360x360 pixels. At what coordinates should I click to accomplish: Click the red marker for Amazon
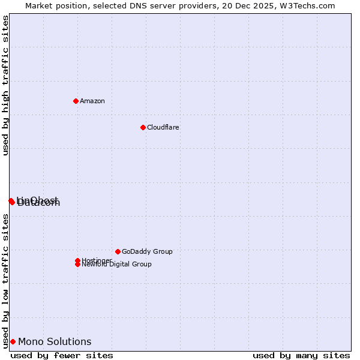[76, 101]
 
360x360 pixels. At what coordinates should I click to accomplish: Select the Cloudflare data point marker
[143, 127]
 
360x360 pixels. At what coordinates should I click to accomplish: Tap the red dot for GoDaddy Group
[118, 251]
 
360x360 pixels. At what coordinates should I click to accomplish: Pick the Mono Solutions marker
[13, 341]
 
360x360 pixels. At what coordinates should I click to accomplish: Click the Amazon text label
[92, 101]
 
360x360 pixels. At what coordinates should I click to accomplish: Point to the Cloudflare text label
[163, 127]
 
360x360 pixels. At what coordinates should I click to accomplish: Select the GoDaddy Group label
[147, 251]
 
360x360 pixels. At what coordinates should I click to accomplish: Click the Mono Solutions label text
[55, 341]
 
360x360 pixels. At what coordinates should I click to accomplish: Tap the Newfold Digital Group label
[116, 264]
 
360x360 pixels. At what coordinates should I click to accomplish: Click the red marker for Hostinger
[77, 260]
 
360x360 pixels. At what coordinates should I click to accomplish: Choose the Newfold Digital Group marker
[77, 264]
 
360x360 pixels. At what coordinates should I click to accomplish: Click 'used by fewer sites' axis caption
[62, 355]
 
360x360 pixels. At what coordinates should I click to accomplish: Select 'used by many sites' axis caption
[301, 355]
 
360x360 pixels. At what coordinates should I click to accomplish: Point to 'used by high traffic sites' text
[5, 85]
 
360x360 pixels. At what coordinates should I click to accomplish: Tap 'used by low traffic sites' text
[5, 281]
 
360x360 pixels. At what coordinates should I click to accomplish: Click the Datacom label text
[39, 203]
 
